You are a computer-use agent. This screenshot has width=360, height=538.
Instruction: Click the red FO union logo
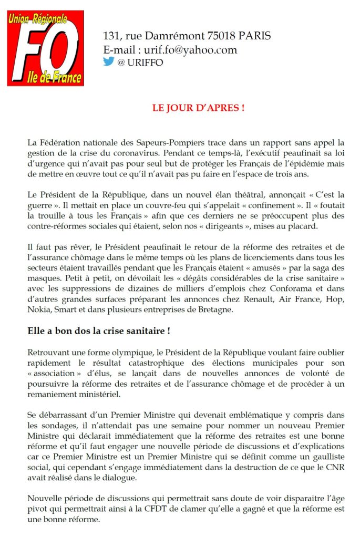45,48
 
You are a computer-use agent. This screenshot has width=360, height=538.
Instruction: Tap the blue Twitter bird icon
109,61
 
